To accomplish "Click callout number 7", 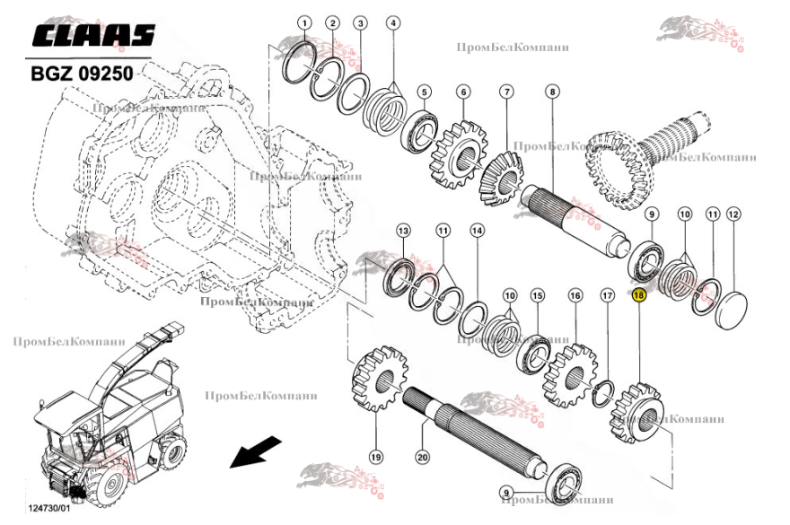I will pyautogui.click(x=506, y=92).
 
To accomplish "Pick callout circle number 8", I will pyautogui.click(x=551, y=92).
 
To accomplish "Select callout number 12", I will pyautogui.click(x=733, y=214).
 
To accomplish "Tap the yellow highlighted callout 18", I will pyautogui.click(x=639, y=294).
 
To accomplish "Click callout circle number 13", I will pyautogui.click(x=403, y=231).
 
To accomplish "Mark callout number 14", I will pyautogui.click(x=477, y=231).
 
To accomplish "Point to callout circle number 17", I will pyautogui.click(x=607, y=294).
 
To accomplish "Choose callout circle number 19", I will pyautogui.click(x=375, y=457).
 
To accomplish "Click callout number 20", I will pyautogui.click(x=422, y=457).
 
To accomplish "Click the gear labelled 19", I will pyautogui.click(x=377, y=381).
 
